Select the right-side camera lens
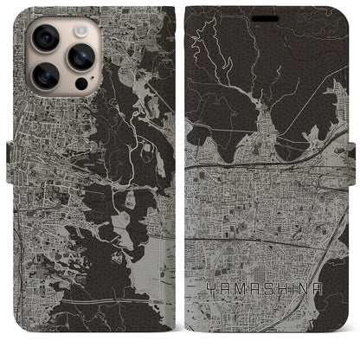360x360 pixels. tap(80, 56)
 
